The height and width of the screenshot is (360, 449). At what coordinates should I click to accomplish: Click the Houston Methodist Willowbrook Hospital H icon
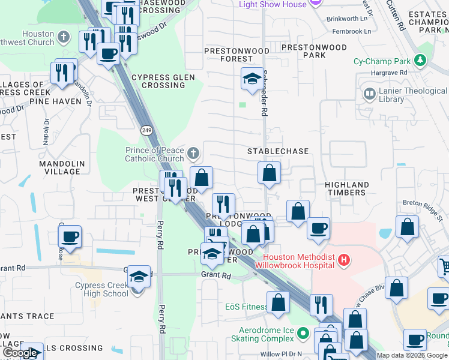tap(344, 260)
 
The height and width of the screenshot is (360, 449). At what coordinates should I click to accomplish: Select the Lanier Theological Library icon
tap(369, 94)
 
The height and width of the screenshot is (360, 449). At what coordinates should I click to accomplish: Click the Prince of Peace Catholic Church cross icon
tap(193, 154)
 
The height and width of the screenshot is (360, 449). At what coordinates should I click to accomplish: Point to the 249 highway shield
tap(146, 130)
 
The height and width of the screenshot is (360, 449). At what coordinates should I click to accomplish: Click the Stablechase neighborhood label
tap(278, 151)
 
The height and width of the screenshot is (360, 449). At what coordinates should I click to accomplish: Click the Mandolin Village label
tap(59, 167)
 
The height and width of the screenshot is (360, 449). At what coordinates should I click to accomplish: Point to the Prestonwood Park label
tap(314, 51)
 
